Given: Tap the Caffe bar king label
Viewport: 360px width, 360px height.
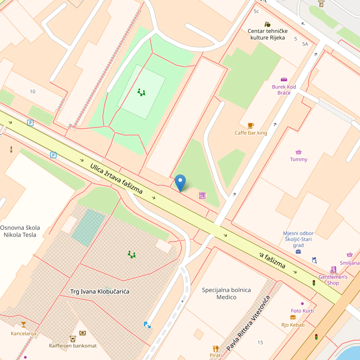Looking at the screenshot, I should (x=251, y=133).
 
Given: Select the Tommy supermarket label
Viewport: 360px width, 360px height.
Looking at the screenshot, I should (x=298, y=159).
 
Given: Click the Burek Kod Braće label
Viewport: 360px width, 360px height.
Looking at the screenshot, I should (x=284, y=90).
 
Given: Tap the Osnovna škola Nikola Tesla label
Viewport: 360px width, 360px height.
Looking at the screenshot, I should (x=20, y=231).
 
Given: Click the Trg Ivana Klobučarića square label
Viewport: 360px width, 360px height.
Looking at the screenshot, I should (x=99, y=292).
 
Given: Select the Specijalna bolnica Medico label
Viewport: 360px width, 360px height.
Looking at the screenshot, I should (x=226, y=293).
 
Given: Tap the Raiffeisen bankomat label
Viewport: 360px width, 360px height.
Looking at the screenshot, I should (x=72, y=346).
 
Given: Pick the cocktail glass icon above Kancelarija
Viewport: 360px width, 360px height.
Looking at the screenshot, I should (x=23, y=324).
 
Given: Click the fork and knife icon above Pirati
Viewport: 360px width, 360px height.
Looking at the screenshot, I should (x=216, y=348).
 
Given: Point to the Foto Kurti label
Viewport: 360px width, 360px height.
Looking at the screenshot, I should (x=302, y=311).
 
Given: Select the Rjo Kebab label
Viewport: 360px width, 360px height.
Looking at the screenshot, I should (x=293, y=325).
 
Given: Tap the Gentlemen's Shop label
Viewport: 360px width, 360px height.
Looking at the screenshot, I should (x=333, y=280).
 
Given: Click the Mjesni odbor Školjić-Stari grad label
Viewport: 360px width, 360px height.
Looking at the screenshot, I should (x=298, y=239).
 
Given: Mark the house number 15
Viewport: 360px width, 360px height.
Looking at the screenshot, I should (x=260, y=342).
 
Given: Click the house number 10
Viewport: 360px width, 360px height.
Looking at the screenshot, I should (x=32, y=91).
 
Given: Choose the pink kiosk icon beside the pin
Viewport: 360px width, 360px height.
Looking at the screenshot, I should (x=202, y=195).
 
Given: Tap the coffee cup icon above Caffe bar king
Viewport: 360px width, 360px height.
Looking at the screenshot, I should (x=251, y=126).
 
